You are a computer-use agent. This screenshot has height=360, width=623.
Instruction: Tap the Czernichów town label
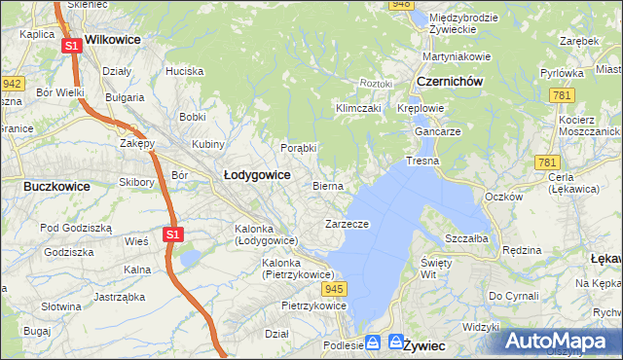click(450, 82)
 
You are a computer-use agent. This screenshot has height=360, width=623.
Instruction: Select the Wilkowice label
click(113, 40)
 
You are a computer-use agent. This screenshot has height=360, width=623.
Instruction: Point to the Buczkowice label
click(56, 185)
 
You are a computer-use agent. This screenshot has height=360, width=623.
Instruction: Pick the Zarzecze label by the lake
click(346, 224)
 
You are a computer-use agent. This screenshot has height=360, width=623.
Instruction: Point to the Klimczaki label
click(357, 108)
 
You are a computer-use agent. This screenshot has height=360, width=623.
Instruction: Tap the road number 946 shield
click(400, 5)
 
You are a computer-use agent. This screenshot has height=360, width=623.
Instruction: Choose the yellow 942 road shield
click(12, 84)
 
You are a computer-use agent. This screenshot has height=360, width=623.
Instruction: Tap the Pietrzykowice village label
click(313, 306)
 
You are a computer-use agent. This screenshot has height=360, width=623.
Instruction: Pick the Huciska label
click(184, 71)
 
